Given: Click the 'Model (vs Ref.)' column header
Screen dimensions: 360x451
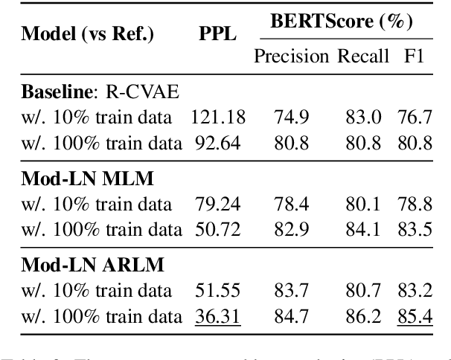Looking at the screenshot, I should (x=86, y=34).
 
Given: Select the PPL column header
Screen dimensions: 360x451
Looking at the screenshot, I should (x=217, y=34).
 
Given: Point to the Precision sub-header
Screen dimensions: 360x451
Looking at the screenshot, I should (x=292, y=57).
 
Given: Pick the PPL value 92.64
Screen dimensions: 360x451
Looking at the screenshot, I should (x=217, y=141).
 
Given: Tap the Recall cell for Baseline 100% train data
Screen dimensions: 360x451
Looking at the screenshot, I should (x=362, y=141).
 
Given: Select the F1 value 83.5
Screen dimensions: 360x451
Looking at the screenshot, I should (x=415, y=229).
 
